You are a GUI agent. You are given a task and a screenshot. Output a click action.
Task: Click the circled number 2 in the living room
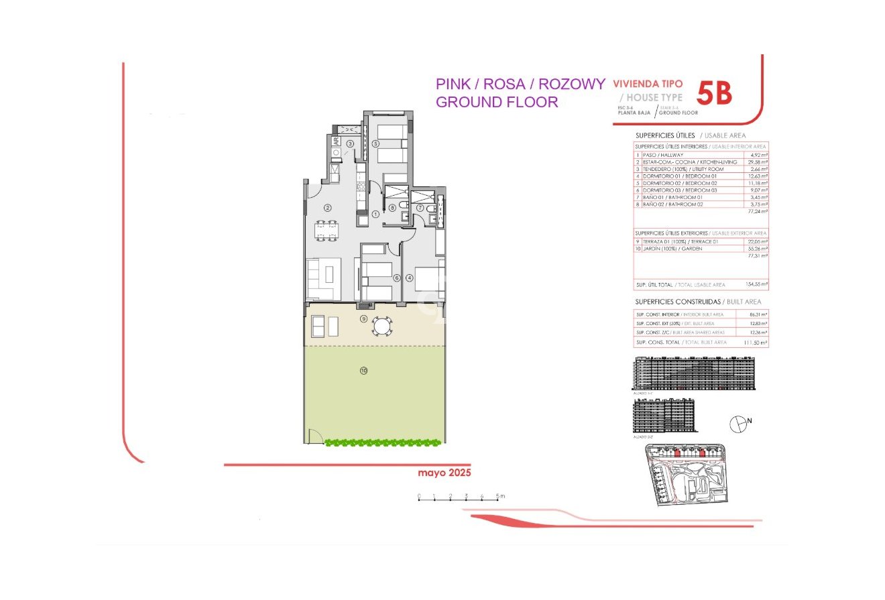[328, 208]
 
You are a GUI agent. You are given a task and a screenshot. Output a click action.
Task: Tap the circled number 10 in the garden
[363, 370]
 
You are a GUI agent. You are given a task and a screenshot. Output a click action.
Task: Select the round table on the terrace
[382, 326]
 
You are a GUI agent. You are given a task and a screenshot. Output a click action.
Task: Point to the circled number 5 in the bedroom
[376, 144]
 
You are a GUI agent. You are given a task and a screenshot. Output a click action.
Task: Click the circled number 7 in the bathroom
[420, 208]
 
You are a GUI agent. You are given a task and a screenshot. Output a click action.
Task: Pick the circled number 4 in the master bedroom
[409, 278]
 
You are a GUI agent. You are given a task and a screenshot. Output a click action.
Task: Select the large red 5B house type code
[714, 94]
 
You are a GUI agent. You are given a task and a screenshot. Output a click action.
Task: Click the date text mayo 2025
[445, 473]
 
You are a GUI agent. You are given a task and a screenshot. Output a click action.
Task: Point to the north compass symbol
[738, 422]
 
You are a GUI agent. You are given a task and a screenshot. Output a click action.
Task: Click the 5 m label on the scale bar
[500, 496]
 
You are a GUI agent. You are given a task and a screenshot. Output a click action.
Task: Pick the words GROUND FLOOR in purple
[497, 102]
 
